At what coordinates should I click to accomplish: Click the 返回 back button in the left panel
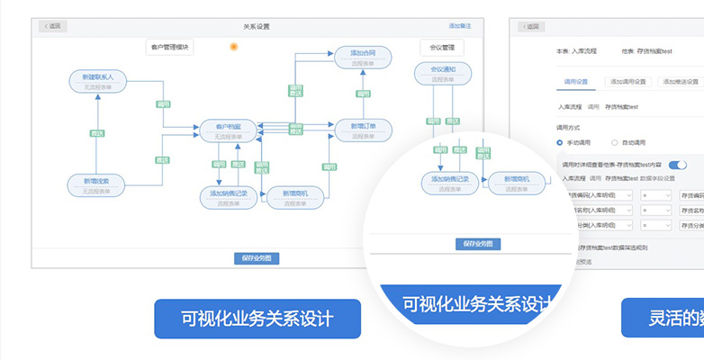(53, 26)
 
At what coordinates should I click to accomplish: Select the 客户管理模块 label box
(169, 47)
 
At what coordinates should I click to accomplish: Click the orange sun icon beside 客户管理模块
(234, 46)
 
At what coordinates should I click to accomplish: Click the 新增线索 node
(96, 184)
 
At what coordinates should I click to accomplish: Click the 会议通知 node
(442, 73)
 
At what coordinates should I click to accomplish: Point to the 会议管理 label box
(442, 47)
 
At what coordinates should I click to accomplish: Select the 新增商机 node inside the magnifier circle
(522, 183)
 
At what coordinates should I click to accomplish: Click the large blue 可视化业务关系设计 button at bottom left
(257, 319)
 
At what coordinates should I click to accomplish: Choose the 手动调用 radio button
(560, 142)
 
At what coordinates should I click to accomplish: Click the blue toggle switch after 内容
(677, 164)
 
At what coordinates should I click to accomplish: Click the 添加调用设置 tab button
(628, 81)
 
